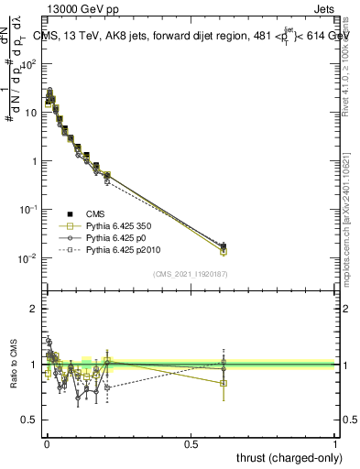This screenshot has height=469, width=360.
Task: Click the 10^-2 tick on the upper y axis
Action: point(29,258)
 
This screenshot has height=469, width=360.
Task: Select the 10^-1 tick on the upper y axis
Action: point(29,210)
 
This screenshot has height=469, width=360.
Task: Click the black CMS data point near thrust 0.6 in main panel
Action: point(224,245)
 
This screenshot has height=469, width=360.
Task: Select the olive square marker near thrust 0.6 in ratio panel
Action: point(224,383)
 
